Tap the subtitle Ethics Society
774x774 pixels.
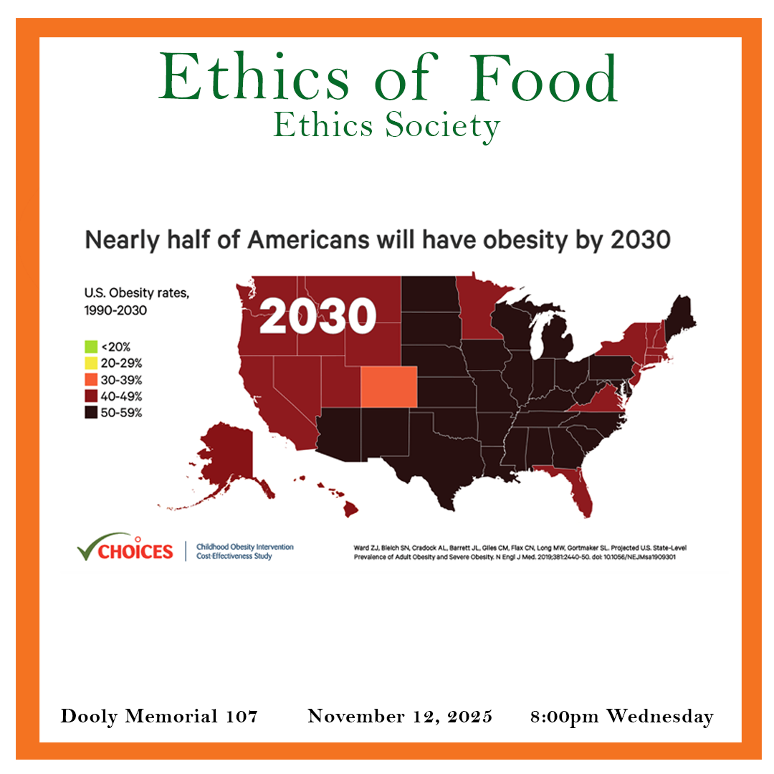click(386, 127)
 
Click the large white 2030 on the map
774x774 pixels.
click(317, 316)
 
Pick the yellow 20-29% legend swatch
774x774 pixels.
click(90, 363)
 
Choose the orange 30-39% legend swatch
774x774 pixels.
click(90, 380)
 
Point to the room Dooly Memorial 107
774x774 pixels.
click(159, 716)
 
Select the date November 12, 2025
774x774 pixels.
click(400, 716)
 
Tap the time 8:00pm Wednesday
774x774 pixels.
click(622, 716)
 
